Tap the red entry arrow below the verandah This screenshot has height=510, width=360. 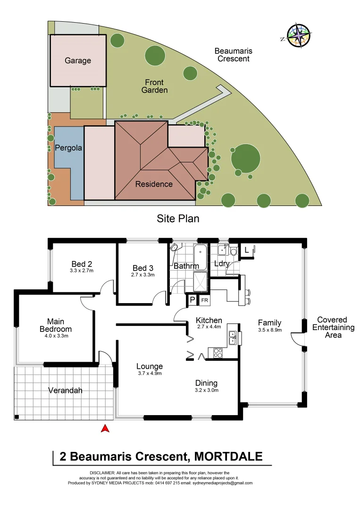(106, 429)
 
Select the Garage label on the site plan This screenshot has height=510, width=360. (78, 60)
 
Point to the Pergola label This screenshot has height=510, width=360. (68, 148)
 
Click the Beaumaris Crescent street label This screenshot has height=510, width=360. (232, 55)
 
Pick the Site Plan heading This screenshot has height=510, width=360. (178, 219)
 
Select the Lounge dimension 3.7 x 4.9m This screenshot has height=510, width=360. (150, 374)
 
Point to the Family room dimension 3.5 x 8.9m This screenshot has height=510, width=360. (270, 330)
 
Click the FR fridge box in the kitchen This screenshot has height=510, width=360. (205, 300)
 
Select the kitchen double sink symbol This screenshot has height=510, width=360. (232, 336)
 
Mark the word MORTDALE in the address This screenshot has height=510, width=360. (228, 457)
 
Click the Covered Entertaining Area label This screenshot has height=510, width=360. (332, 327)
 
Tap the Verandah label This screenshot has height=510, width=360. (66, 391)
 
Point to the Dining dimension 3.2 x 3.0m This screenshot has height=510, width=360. (206, 390)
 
